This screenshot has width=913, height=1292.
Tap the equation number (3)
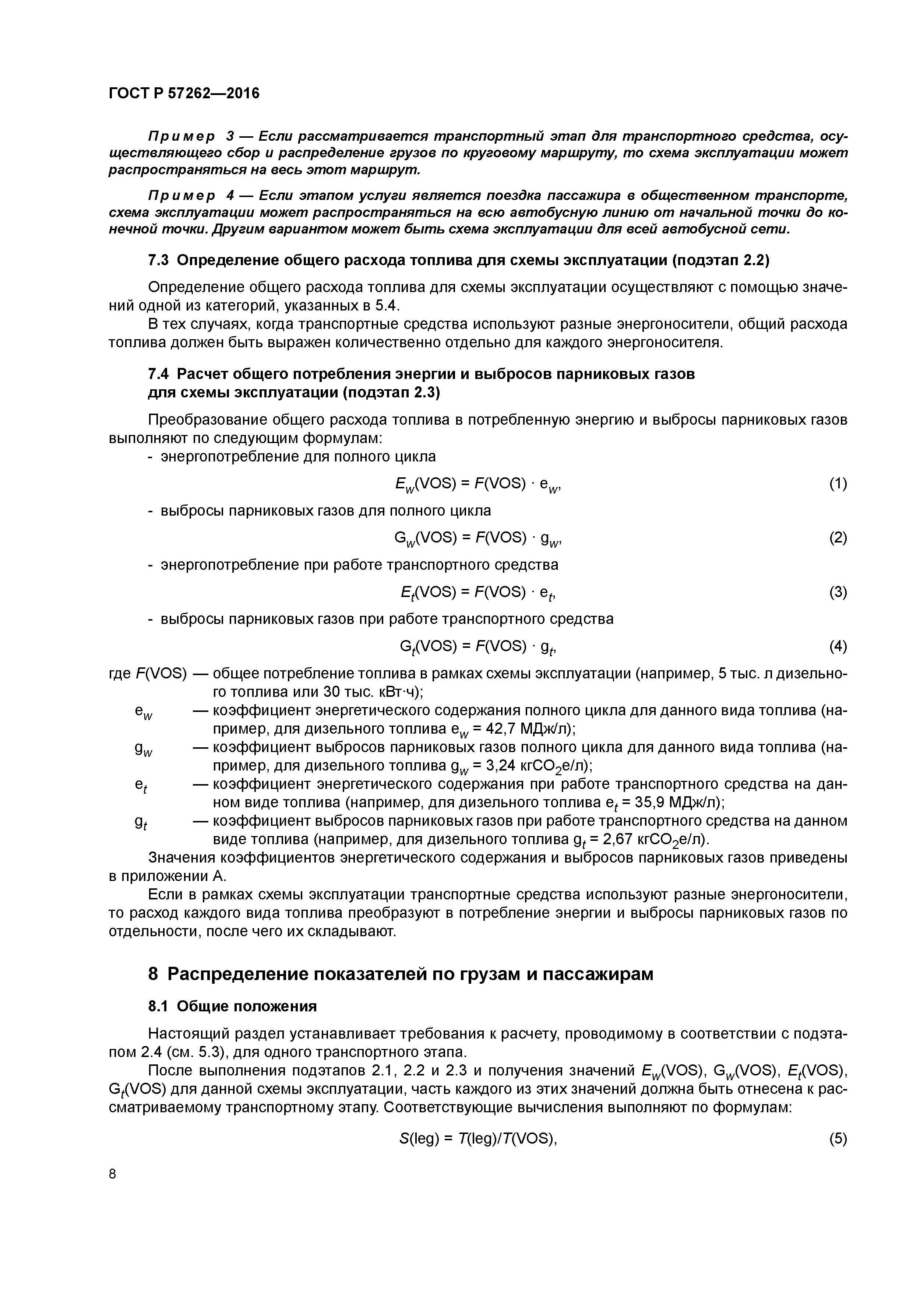(x=838, y=592)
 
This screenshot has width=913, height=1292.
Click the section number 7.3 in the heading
(x=159, y=260)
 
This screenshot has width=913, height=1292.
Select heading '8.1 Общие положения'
(x=232, y=1005)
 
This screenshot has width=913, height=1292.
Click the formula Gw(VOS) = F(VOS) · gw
(x=478, y=538)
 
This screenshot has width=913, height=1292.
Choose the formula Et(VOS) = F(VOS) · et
(x=478, y=592)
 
